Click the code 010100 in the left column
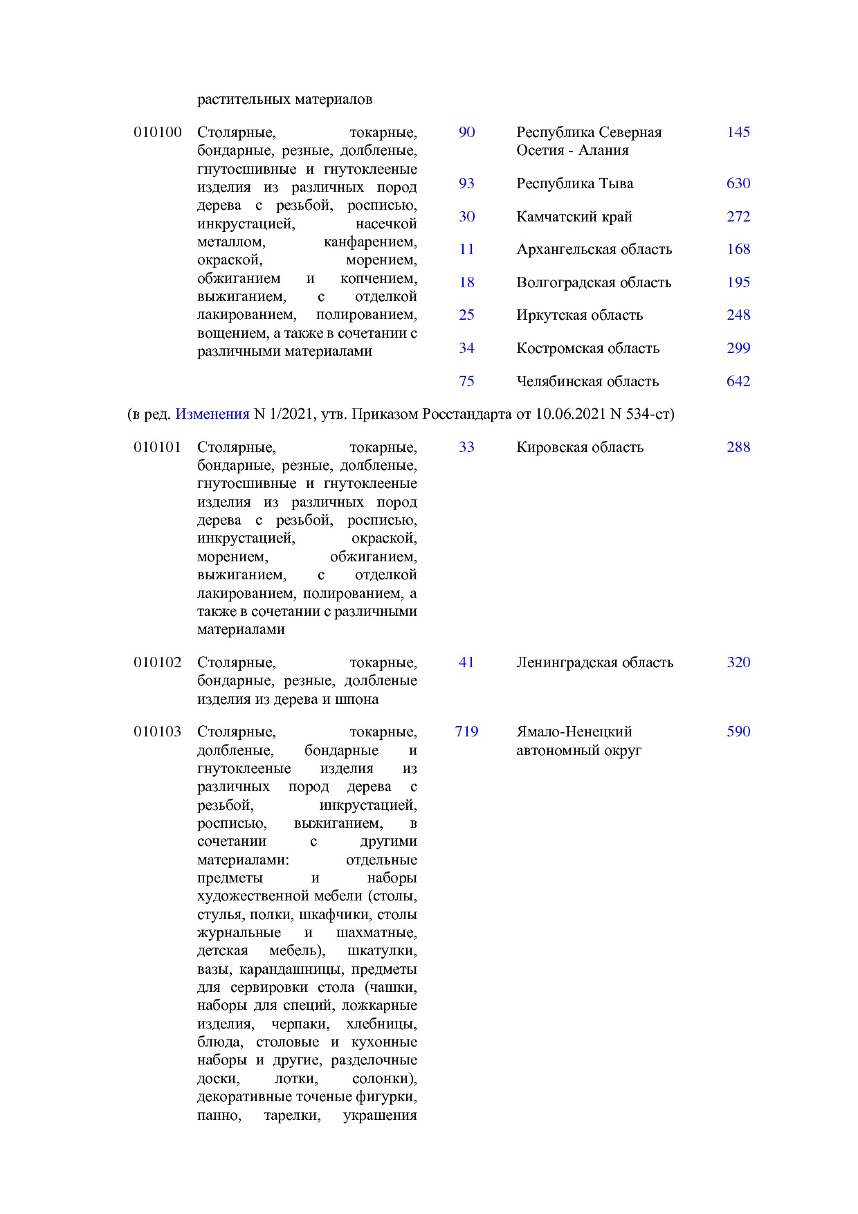coord(157,132)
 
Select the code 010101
coord(157,447)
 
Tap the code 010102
coord(157,662)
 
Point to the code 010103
coord(157,732)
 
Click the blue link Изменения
coord(212,414)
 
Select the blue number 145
coord(738,132)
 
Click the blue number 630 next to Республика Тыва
coord(738,183)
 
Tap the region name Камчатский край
coord(574,217)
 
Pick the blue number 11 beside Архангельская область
coord(466,249)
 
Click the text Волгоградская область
coord(594,282)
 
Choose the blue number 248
coord(738,315)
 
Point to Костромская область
coord(587,348)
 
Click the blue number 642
coord(738,381)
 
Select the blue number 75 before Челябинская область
coord(466,381)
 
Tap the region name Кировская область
coord(580,447)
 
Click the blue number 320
coord(738,662)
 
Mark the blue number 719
coord(466,732)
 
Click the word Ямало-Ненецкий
coord(574,732)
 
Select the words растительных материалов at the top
coord(284,99)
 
